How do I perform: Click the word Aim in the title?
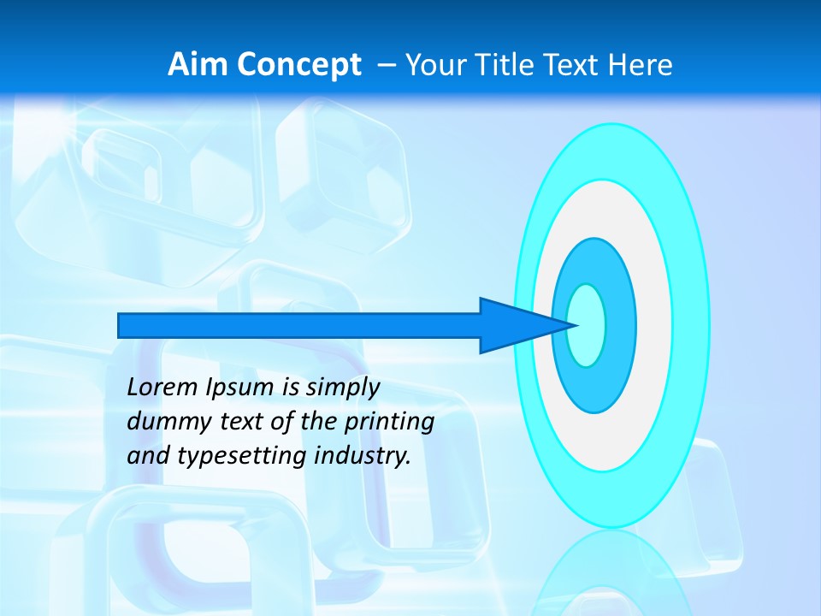(x=194, y=65)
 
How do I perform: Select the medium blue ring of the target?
(x=620, y=325)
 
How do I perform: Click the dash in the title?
(x=387, y=65)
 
